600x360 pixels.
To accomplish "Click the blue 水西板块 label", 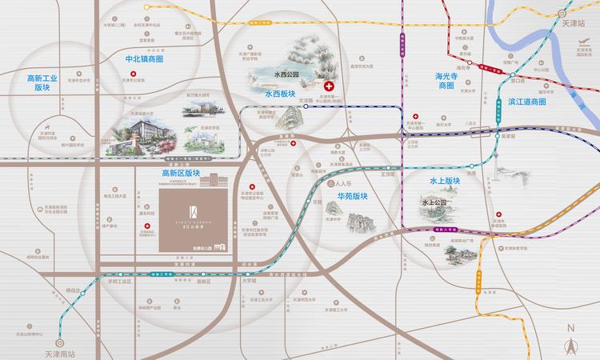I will click(x=279, y=93).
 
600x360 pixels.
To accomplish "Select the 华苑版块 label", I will click(x=352, y=195).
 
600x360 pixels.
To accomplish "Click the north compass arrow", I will click(x=571, y=342).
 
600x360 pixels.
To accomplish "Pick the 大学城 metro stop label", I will click(x=249, y=281).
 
